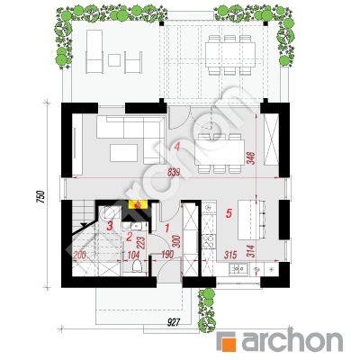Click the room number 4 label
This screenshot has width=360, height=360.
click(x=177, y=147)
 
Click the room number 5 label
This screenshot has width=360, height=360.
click(x=229, y=213)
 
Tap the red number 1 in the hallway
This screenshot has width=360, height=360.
click(x=167, y=229)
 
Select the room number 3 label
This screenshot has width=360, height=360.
click(x=110, y=226)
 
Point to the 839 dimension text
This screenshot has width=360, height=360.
click(x=174, y=172)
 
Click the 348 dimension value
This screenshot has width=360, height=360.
click(x=251, y=158)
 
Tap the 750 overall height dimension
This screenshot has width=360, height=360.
click(x=40, y=197)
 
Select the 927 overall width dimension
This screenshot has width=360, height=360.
click(x=173, y=323)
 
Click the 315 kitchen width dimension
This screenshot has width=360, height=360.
click(x=230, y=255)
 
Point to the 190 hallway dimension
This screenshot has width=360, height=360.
click(x=167, y=255)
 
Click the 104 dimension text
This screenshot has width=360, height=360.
click(x=133, y=256)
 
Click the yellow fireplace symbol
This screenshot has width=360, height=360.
click(x=138, y=204)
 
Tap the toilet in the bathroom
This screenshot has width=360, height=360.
click(x=137, y=265)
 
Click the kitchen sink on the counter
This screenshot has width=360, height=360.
click(x=238, y=268)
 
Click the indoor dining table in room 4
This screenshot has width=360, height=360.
click(x=220, y=152)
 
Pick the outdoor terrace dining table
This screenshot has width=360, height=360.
click(x=230, y=55)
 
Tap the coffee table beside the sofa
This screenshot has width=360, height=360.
click(x=123, y=153)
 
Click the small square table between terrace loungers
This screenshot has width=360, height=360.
click(x=114, y=60)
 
